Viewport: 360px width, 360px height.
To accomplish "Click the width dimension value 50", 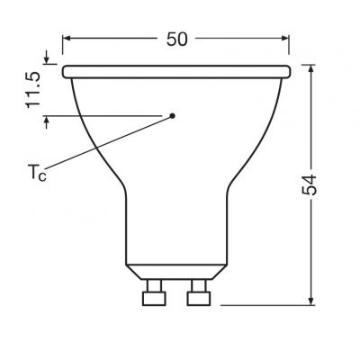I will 176,39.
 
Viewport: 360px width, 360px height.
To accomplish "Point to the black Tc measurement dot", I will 174,114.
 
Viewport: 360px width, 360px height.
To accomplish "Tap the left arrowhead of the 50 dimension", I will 69,39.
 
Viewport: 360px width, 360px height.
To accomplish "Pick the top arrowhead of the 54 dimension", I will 310,69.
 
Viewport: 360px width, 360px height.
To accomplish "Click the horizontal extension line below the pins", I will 270,304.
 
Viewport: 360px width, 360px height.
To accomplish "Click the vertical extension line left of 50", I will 64,45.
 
